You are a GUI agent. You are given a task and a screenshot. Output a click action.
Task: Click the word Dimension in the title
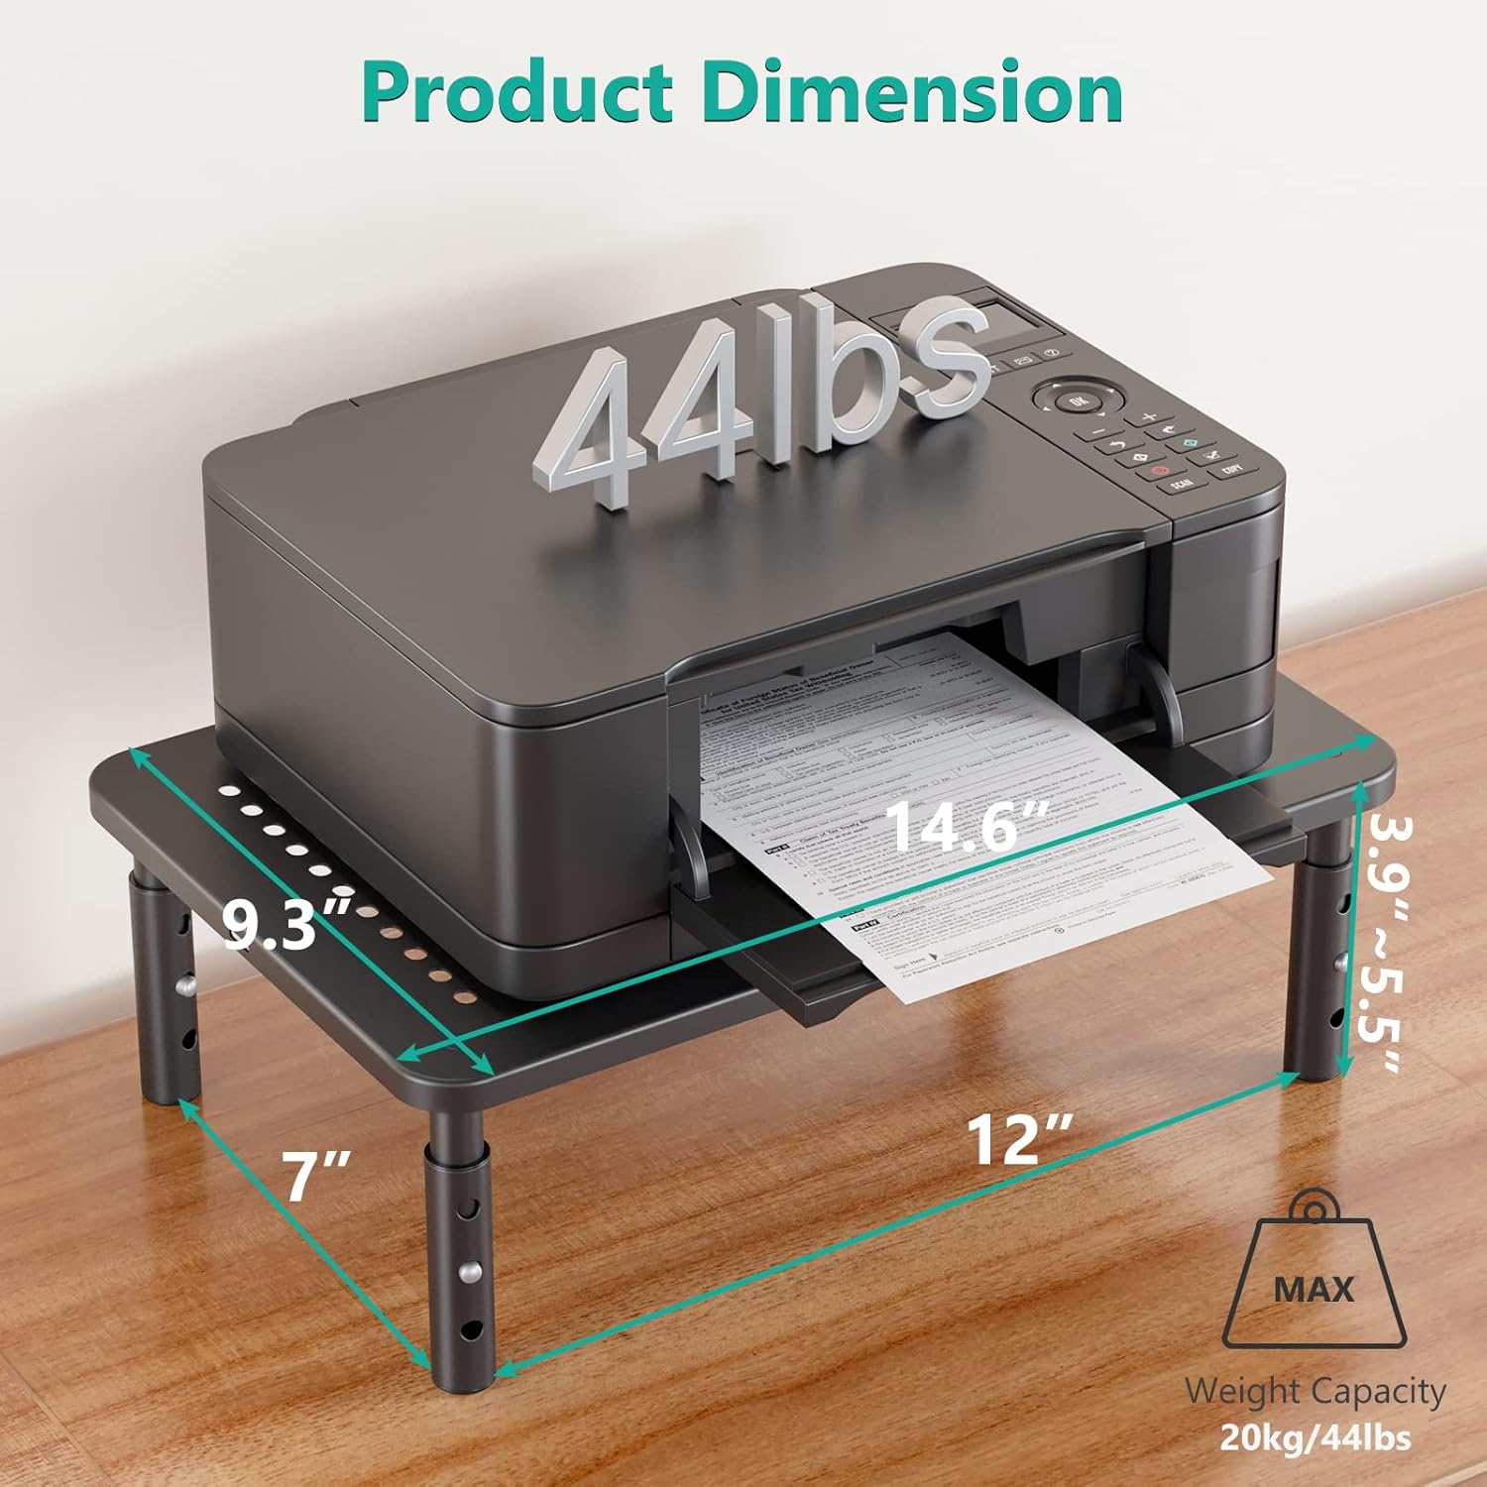pos(912,91)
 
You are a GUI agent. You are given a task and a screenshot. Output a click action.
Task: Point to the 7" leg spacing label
pos(316,1176)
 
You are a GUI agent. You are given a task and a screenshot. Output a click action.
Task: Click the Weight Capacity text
pos(1315,1391)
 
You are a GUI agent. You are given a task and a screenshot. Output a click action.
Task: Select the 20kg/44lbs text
pos(1315,1437)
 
